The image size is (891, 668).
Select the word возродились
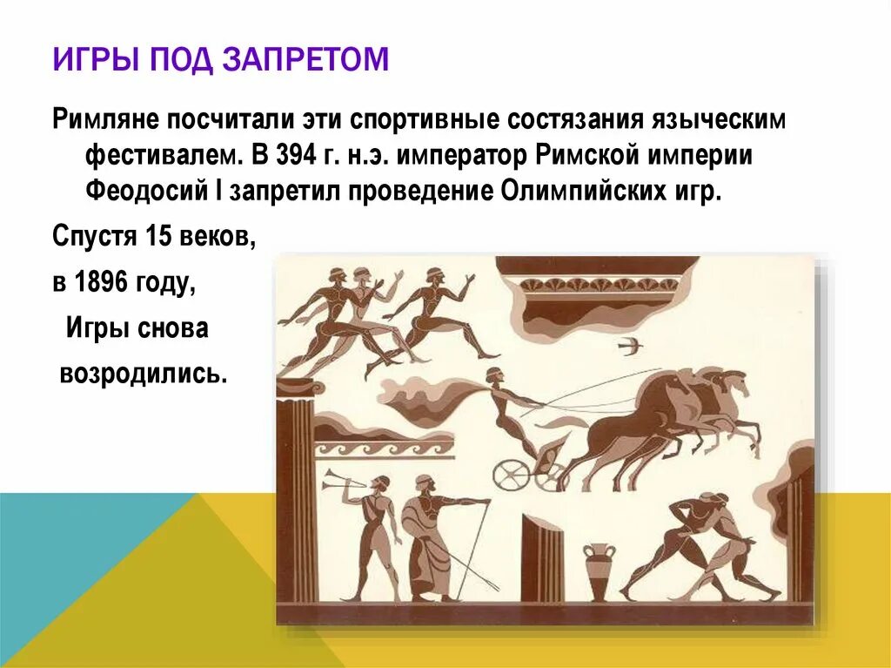tap(144, 374)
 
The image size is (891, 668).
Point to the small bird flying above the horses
tap(629, 346)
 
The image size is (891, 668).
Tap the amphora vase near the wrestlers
tap(599, 570)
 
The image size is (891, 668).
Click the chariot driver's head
tap(493, 376)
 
